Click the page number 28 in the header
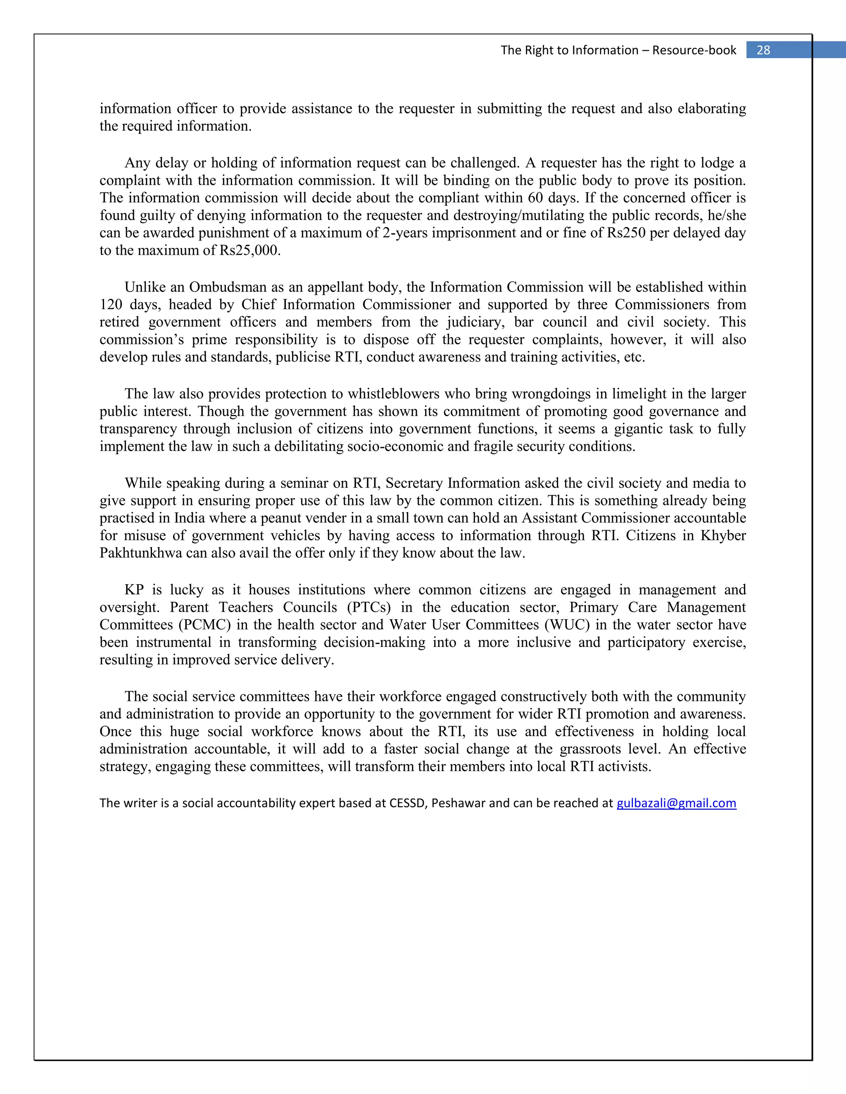(763, 50)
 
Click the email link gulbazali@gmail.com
(676, 803)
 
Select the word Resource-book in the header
(694, 50)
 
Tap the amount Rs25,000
(250, 251)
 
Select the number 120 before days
(111, 305)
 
